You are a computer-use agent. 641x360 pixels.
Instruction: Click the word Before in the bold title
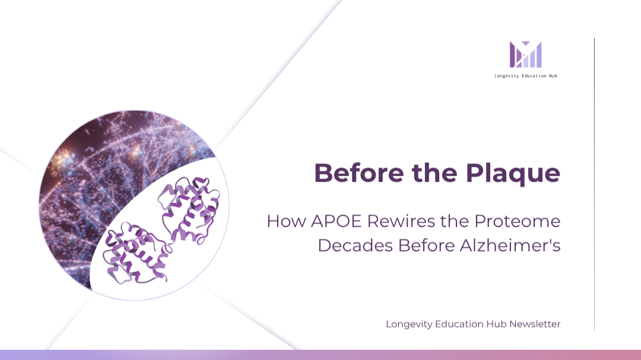point(359,173)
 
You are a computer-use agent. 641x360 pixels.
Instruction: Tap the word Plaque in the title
point(513,174)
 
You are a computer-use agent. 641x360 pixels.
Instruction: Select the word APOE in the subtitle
point(337,221)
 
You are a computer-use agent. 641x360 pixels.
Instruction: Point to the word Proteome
point(517,221)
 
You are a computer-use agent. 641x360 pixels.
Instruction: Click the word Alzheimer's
point(510,245)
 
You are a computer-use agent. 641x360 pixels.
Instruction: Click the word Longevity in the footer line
point(409,324)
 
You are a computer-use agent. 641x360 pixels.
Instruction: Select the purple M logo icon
point(526,55)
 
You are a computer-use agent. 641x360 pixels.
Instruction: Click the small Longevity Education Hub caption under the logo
point(526,76)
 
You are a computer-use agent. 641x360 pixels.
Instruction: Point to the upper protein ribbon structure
point(189,210)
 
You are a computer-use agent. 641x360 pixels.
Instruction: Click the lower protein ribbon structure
point(137,253)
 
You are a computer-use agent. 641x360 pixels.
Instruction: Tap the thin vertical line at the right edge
point(594,184)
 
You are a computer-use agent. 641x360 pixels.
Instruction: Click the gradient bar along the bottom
point(320,355)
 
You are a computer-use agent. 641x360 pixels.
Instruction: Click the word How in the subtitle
point(286,221)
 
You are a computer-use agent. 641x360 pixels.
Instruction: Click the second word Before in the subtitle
point(426,246)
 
